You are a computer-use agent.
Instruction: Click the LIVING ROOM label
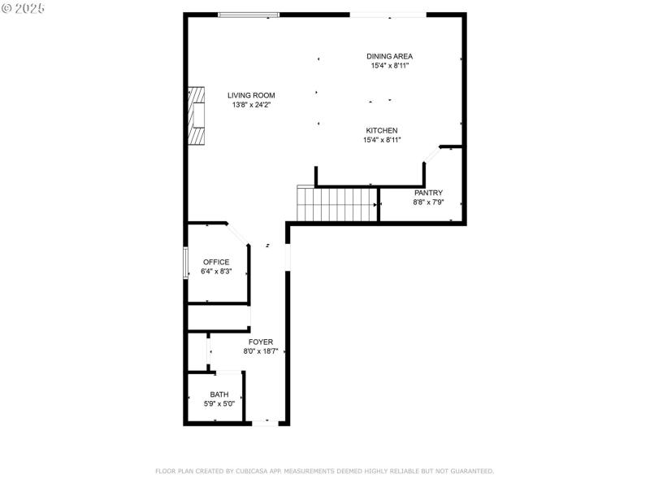pos(251,95)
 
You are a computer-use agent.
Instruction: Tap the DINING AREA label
pos(389,56)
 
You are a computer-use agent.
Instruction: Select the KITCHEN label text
pos(381,130)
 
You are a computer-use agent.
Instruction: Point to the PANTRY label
pos(428,193)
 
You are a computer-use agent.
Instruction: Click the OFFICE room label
pos(216,262)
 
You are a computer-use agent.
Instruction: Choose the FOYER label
pos(261,342)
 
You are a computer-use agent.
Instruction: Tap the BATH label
pos(219,394)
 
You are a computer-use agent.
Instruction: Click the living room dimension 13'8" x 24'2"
pos(251,105)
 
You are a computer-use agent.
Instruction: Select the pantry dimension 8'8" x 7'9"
pos(428,202)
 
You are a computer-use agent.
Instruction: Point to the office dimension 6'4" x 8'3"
pos(216,271)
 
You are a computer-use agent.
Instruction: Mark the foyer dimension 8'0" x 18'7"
pos(261,351)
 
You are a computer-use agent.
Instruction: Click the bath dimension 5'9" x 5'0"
pos(219,403)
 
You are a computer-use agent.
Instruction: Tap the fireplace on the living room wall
pos(196,115)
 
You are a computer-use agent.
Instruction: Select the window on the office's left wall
pos(186,263)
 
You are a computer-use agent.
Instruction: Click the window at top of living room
pos(249,15)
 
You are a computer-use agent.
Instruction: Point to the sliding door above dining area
pos(388,15)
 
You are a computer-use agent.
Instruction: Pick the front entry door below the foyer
pos(265,422)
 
